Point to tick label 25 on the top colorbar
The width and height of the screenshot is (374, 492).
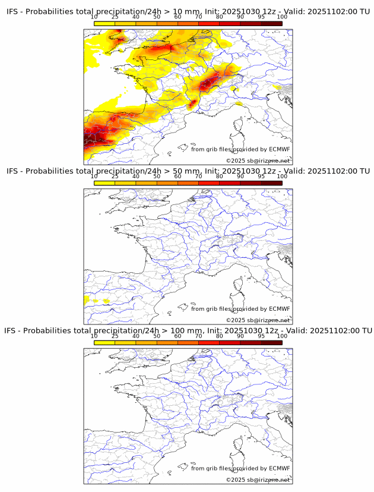pos(115,17)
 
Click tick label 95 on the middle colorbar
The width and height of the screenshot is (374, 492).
pos(261,176)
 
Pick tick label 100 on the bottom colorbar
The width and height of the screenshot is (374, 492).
pos(282,336)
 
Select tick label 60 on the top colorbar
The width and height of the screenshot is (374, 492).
pos(178,17)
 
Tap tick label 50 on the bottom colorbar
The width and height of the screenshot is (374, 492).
pos(157,336)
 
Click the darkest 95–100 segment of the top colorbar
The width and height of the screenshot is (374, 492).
pos(271,23)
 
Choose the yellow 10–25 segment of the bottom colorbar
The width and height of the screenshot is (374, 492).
pos(104,342)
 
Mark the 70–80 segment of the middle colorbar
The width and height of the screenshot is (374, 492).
pos(209,183)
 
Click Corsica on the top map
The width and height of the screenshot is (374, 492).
pos(240,124)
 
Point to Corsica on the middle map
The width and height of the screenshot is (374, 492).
pos(240,283)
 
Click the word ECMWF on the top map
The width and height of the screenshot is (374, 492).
pos(279,149)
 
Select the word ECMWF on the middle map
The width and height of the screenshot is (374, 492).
pos(279,308)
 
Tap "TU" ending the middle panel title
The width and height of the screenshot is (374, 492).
pos(364,171)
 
